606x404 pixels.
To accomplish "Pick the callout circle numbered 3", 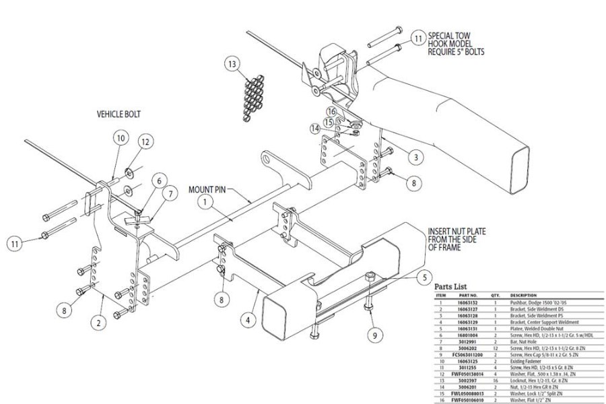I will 416,157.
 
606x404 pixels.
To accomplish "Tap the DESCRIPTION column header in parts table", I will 528,295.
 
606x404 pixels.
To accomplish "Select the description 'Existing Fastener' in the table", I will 530,360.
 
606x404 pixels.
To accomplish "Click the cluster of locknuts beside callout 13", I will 254,97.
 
